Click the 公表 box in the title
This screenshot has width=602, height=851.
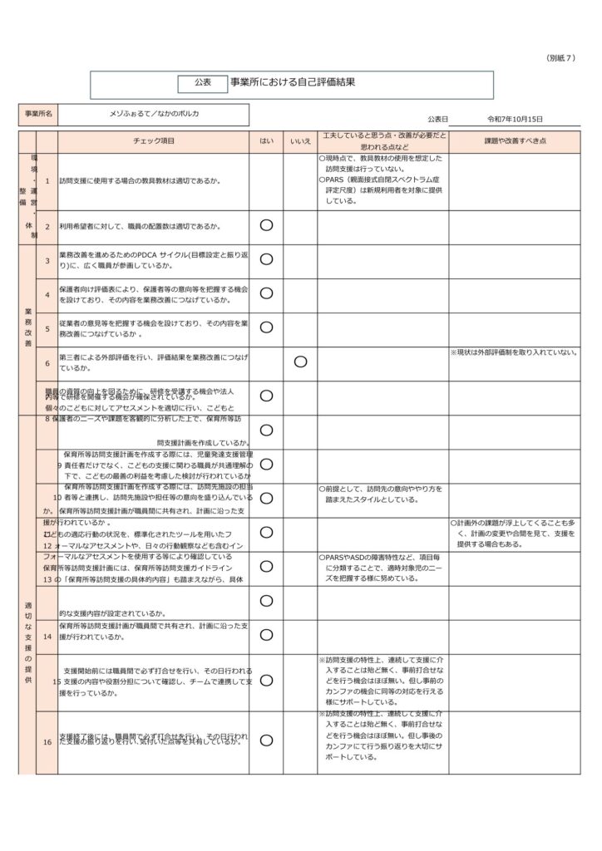tap(203, 82)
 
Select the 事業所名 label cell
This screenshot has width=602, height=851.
tap(38, 113)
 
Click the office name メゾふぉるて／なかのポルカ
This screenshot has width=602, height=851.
tap(155, 113)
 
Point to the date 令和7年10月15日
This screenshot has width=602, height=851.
tap(515, 120)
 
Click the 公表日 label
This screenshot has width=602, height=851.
tap(438, 120)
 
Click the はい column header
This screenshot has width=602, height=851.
tap(266, 141)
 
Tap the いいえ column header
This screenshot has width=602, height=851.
tap(300, 141)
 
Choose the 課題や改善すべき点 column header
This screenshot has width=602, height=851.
tap(515, 141)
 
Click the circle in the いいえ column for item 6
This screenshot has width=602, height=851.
tap(300, 362)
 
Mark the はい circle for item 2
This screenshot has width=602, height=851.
tap(266, 225)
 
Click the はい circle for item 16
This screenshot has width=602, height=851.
tap(266, 740)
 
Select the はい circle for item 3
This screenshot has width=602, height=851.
tap(266, 259)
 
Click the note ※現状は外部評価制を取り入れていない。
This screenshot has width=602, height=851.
tap(514, 352)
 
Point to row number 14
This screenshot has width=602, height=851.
tap(47, 636)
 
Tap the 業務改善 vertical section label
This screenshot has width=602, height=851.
tap(27, 328)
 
